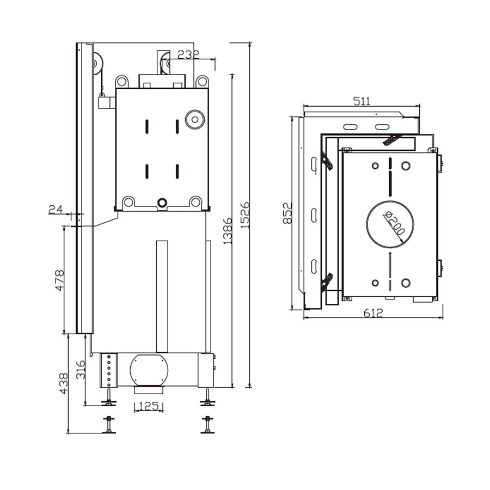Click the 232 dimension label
click(x=188, y=54)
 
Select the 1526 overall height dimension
click(x=246, y=215)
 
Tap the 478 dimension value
click(x=59, y=280)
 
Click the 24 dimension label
click(x=56, y=209)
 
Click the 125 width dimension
click(x=149, y=406)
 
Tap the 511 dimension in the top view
click(x=362, y=101)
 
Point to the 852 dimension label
click(x=288, y=213)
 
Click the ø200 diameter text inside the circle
click(x=394, y=223)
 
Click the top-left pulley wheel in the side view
click(x=97, y=64)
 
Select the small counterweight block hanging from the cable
click(x=106, y=102)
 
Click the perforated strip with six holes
click(x=109, y=370)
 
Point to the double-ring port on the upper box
click(x=194, y=119)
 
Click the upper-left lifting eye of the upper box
click(x=122, y=82)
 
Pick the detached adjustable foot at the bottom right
click(x=207, y=425)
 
